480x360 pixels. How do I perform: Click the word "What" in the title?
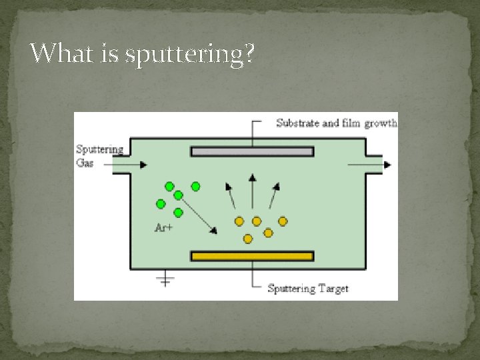click(x=63, y=53)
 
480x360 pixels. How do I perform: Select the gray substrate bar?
click(x=252, y=151)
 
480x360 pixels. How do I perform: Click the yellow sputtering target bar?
click(x=252, y=256)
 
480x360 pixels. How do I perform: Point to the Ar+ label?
click(x=163, y=228)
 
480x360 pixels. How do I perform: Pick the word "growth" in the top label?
click(x=381, y=123)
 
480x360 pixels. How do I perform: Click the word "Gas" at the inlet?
click(x=85, y=163)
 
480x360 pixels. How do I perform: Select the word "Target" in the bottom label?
click(x=333, y=289)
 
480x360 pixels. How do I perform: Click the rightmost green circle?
click(x=195, y=187)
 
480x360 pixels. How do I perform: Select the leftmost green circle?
click(x=161, y=204)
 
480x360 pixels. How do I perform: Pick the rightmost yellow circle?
click(x=283, y=221)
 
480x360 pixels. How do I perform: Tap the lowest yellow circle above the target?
click(x=247, y=238)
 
